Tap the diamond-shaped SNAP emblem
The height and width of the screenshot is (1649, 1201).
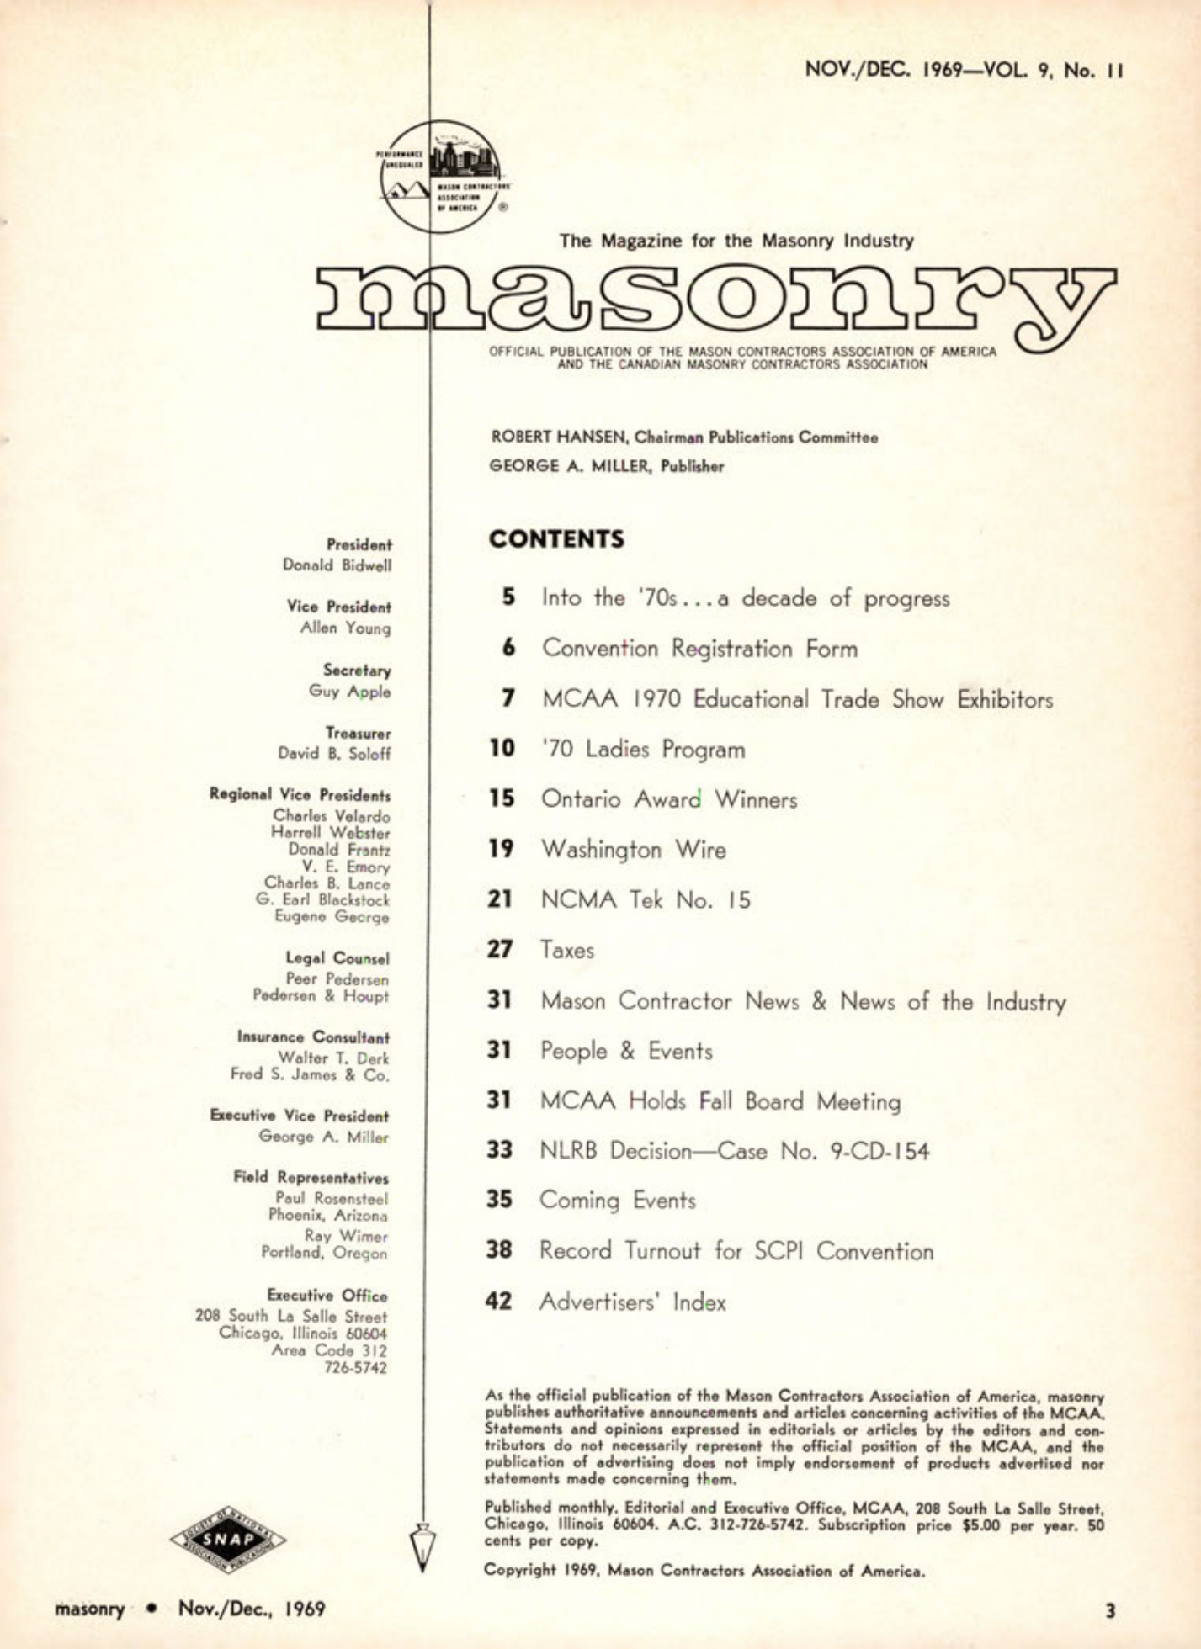227,1540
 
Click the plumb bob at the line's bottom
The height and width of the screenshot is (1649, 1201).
423,1547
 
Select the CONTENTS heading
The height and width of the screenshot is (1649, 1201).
556,539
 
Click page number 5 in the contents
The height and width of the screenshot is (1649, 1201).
508,597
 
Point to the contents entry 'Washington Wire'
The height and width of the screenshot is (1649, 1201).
633,849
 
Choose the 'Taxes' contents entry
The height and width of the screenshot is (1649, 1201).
567,950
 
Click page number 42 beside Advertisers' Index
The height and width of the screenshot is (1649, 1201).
498,1302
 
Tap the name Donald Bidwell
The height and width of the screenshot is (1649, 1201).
337,565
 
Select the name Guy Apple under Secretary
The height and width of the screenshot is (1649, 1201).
349,692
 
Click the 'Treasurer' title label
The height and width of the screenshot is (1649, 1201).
358,734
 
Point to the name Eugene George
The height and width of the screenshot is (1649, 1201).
332,917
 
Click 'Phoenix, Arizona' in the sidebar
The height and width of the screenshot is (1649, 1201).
327,1215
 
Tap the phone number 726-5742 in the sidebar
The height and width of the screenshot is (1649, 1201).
355,1368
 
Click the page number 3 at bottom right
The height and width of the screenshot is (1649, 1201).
1109,1610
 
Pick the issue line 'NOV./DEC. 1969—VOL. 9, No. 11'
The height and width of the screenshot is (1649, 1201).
965,70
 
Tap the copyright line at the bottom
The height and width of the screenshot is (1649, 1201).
704,1570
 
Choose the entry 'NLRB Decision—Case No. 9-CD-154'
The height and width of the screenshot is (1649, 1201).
734,1150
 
